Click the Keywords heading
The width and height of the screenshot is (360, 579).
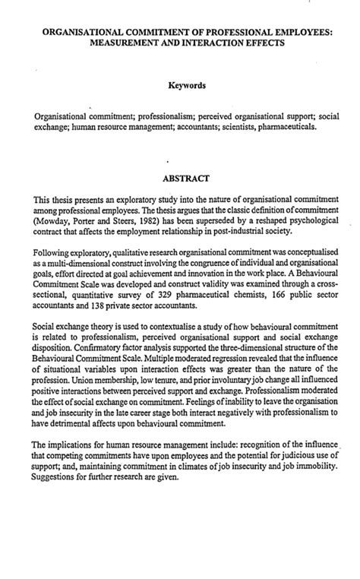[180, 88]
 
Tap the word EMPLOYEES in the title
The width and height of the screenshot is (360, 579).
[303, 33]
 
